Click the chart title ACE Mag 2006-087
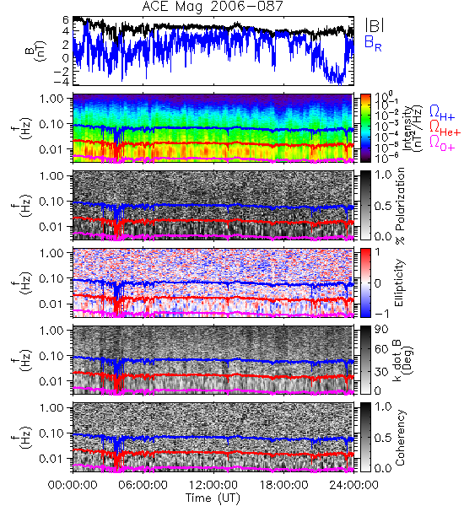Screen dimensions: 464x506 coord(213,7)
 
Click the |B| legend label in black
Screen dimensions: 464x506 coord(375,25)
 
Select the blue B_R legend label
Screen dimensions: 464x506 coord(373,43)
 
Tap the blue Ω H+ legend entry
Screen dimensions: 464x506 coord(442,113)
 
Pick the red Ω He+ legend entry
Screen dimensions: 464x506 coord(445,128)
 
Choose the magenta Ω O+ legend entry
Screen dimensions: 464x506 coord(442,143)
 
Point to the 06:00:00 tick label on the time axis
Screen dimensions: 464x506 coord(143,485)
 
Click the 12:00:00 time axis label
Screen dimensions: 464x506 coord(213,485)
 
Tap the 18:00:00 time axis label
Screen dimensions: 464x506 coord(283,485)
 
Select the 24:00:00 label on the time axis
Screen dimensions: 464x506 coord(353,485)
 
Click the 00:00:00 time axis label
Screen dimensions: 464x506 coord(73,485)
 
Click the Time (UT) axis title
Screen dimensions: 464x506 coord(213,498)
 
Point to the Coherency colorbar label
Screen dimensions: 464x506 coord(400,438)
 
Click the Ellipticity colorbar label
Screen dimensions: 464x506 coord(399,283)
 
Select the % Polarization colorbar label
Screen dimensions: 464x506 coord(400,206)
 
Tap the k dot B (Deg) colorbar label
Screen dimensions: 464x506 coord(404,361)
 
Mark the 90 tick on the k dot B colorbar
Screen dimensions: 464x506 coord(381,330)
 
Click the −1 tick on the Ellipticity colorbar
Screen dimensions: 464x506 coord(381,314)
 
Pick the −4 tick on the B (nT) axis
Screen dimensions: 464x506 coord(62,82)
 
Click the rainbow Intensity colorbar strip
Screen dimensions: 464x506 coord(365,128)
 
